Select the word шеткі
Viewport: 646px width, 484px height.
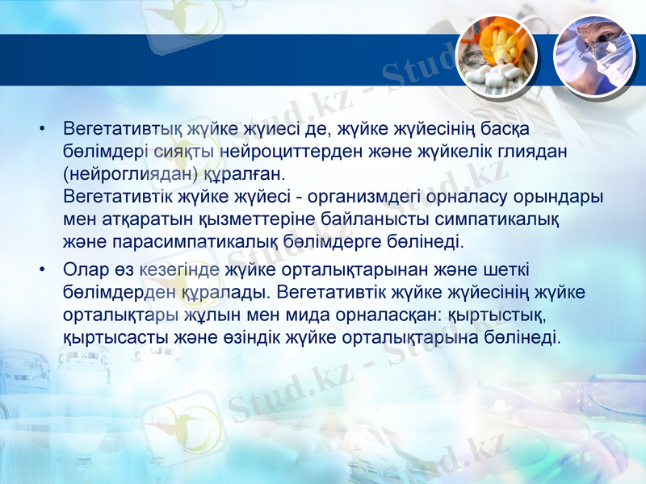[506, 268]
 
